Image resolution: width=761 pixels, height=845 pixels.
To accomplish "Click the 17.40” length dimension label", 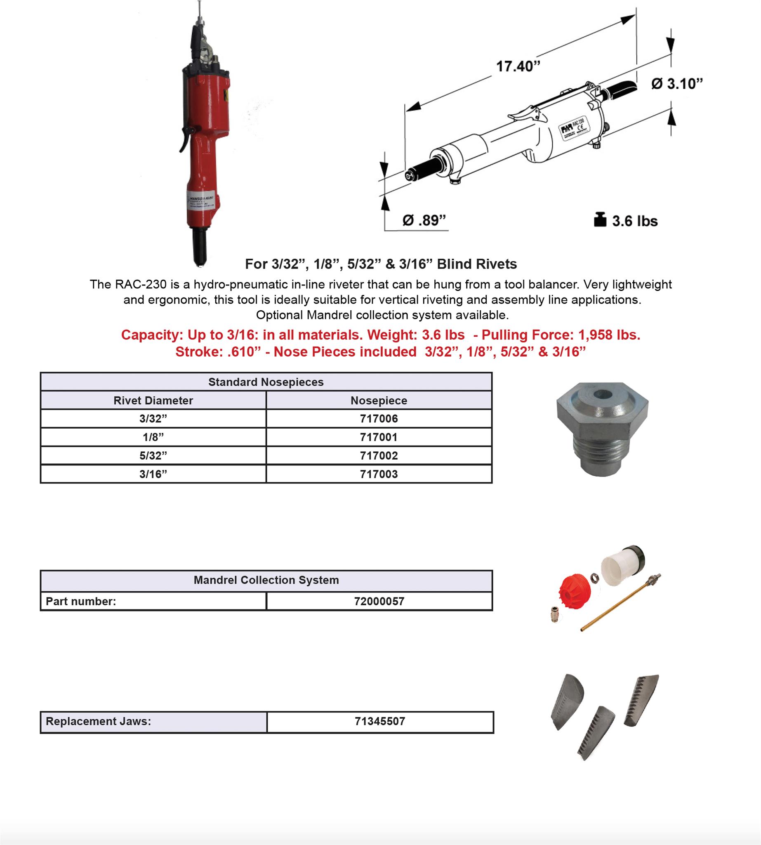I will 518,66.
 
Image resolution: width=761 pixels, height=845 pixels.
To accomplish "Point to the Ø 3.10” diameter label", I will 676,84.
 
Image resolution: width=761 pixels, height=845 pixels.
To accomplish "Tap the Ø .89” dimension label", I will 424,220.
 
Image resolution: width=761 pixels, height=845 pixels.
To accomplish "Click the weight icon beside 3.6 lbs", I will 600,220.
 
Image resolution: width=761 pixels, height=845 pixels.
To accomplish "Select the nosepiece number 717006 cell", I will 379,419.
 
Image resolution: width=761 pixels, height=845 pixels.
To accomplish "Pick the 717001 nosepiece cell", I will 379,437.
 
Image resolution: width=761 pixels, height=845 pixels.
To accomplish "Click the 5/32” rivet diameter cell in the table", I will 153,456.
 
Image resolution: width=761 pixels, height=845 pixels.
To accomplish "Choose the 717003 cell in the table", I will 379,474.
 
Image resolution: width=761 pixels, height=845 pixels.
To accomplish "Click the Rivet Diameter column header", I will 153,400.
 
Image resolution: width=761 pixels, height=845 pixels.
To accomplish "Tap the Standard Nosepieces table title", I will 266,382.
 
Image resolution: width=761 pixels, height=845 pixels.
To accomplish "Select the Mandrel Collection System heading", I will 266,580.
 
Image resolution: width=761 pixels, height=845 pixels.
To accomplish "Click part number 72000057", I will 379,602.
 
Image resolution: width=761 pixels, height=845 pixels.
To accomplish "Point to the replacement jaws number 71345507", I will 379,721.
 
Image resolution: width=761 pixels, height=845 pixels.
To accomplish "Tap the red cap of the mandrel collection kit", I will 575,591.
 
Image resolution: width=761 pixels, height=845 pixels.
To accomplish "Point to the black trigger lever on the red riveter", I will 184,140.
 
